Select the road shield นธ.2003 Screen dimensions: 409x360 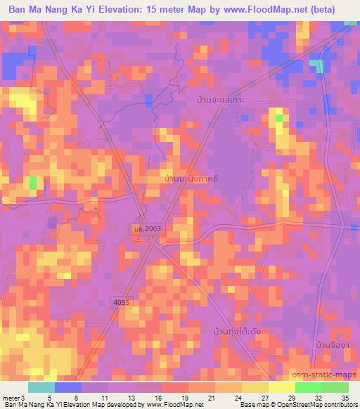[x=145, y=229]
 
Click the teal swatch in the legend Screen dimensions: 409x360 [x=41, y=388]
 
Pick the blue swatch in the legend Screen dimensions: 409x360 [x=68, y=388]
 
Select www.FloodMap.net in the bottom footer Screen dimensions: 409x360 [x=174, y=404]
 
